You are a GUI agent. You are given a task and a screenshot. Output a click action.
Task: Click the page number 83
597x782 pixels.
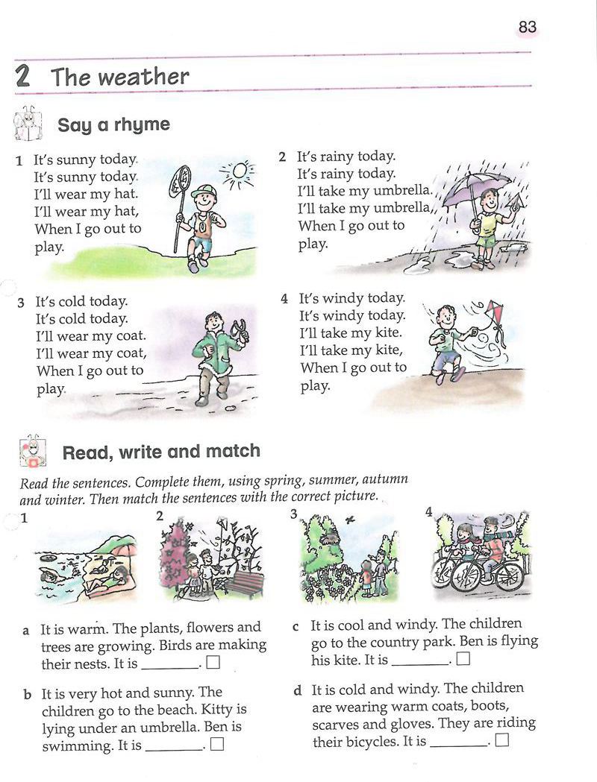point(527,26)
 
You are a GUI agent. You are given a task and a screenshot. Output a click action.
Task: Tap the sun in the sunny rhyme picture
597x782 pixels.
point(240,171)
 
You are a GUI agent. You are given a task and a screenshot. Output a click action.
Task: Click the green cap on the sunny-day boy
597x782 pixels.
point(203,191)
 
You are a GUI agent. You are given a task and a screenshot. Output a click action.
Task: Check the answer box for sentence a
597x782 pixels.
point(213,662)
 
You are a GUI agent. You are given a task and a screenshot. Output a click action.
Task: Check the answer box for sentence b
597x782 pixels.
point(217,744)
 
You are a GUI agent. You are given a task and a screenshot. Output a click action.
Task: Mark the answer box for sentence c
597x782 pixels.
point(463,659)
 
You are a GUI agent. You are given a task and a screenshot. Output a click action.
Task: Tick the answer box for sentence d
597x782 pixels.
point(503,740)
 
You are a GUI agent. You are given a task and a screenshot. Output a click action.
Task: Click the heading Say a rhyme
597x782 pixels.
point(114,124)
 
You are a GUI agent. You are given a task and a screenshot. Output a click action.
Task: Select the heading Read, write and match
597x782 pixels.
point(161,451)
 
